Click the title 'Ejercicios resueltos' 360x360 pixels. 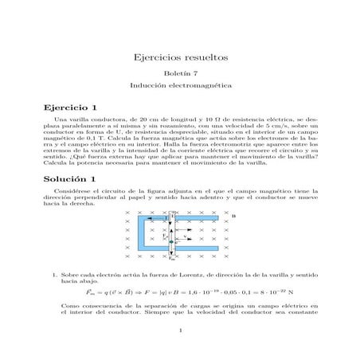(x=180, y=58)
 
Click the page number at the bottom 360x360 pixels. (x=180, y=331)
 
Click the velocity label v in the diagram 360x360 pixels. (x=186, y=237)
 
